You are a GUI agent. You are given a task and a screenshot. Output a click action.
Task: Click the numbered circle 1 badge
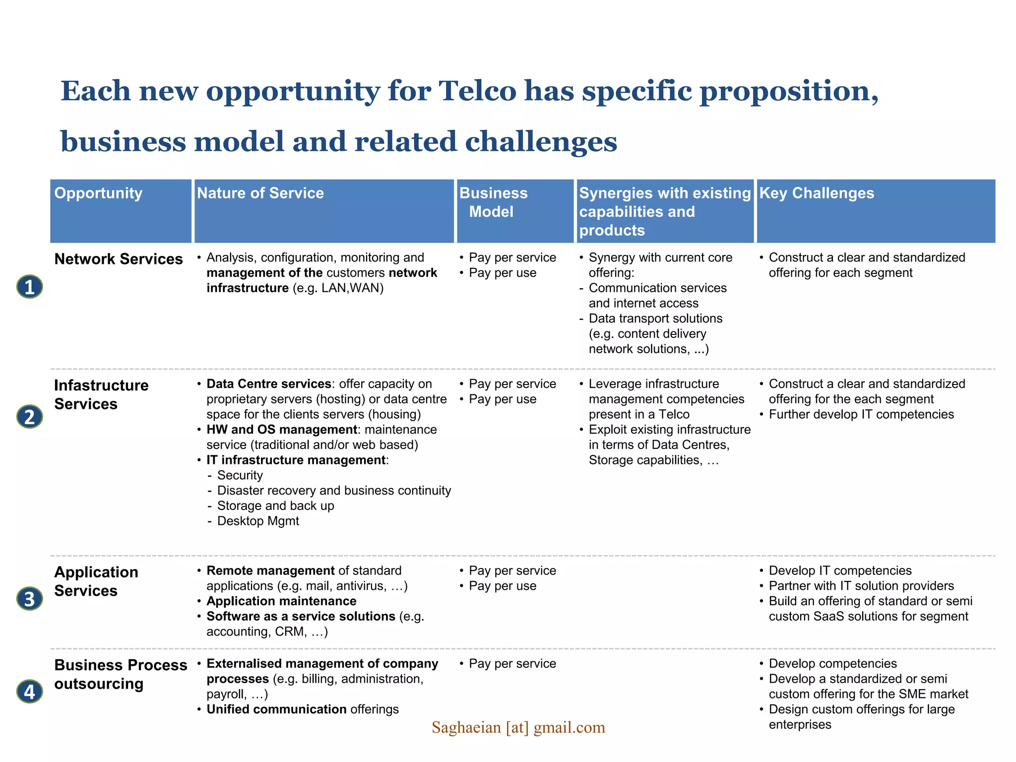[x=30, y=287]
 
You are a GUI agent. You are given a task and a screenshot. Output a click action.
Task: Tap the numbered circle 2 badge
[x=30, y=417]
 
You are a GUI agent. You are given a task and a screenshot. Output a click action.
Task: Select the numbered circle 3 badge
[x=30, y=599]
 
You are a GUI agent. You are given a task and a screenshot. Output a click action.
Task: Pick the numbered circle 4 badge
[x=30, y=692]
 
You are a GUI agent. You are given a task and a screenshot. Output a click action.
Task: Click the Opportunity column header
[x=98, y=193]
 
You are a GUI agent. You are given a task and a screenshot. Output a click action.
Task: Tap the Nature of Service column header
[x=260, y=193]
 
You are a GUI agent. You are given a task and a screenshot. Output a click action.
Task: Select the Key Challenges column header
[x=817, y=193]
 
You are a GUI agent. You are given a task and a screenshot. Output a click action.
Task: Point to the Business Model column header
[x=493, y=202]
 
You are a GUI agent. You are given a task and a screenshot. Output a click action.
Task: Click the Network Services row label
[x=119, y=259]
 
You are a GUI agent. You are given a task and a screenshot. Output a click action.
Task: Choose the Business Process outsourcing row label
[x=121, y=674]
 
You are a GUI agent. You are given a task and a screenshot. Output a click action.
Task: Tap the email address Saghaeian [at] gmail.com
[x=518, y=727]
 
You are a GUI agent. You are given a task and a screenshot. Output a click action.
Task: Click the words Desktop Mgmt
[x=258, y=521]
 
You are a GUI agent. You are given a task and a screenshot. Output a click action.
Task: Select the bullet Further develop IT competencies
[x=861, y=414]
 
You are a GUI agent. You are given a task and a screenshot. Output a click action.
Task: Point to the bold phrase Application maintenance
[x=281, y=601]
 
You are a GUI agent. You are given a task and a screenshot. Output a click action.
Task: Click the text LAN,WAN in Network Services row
[x=352, y=288]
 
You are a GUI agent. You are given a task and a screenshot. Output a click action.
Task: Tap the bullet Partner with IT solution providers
[x=861, y=586]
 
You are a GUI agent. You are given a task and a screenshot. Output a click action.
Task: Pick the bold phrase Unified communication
[x=276, y=709]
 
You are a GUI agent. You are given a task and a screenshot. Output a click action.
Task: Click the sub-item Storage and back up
[x=275, y=506]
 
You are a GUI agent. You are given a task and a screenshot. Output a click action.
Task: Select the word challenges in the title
[x=541, y=142]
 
